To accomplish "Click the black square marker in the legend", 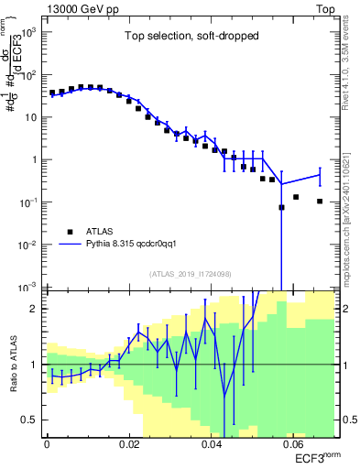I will click(70, 232).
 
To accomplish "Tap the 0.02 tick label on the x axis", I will click(128, 444).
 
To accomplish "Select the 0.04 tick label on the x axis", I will click(211, 444).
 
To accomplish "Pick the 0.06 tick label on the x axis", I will click(293, 444).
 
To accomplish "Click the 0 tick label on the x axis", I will click(47, 444).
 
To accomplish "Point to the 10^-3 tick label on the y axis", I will click(29, 287).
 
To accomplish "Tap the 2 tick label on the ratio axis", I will click(37, 309).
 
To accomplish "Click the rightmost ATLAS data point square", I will click(320, 202).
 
